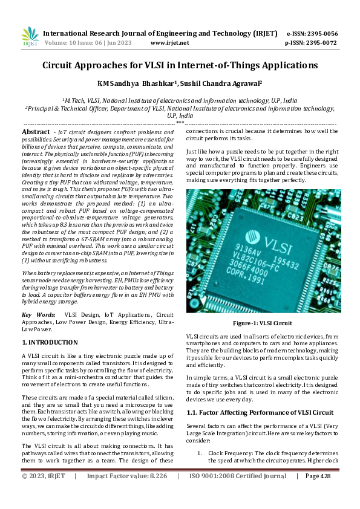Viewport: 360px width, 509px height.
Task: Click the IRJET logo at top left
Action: (30, 37)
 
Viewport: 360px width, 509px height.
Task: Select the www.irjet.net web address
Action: (169, 43)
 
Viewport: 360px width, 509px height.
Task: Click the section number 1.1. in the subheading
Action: (194, 412)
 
